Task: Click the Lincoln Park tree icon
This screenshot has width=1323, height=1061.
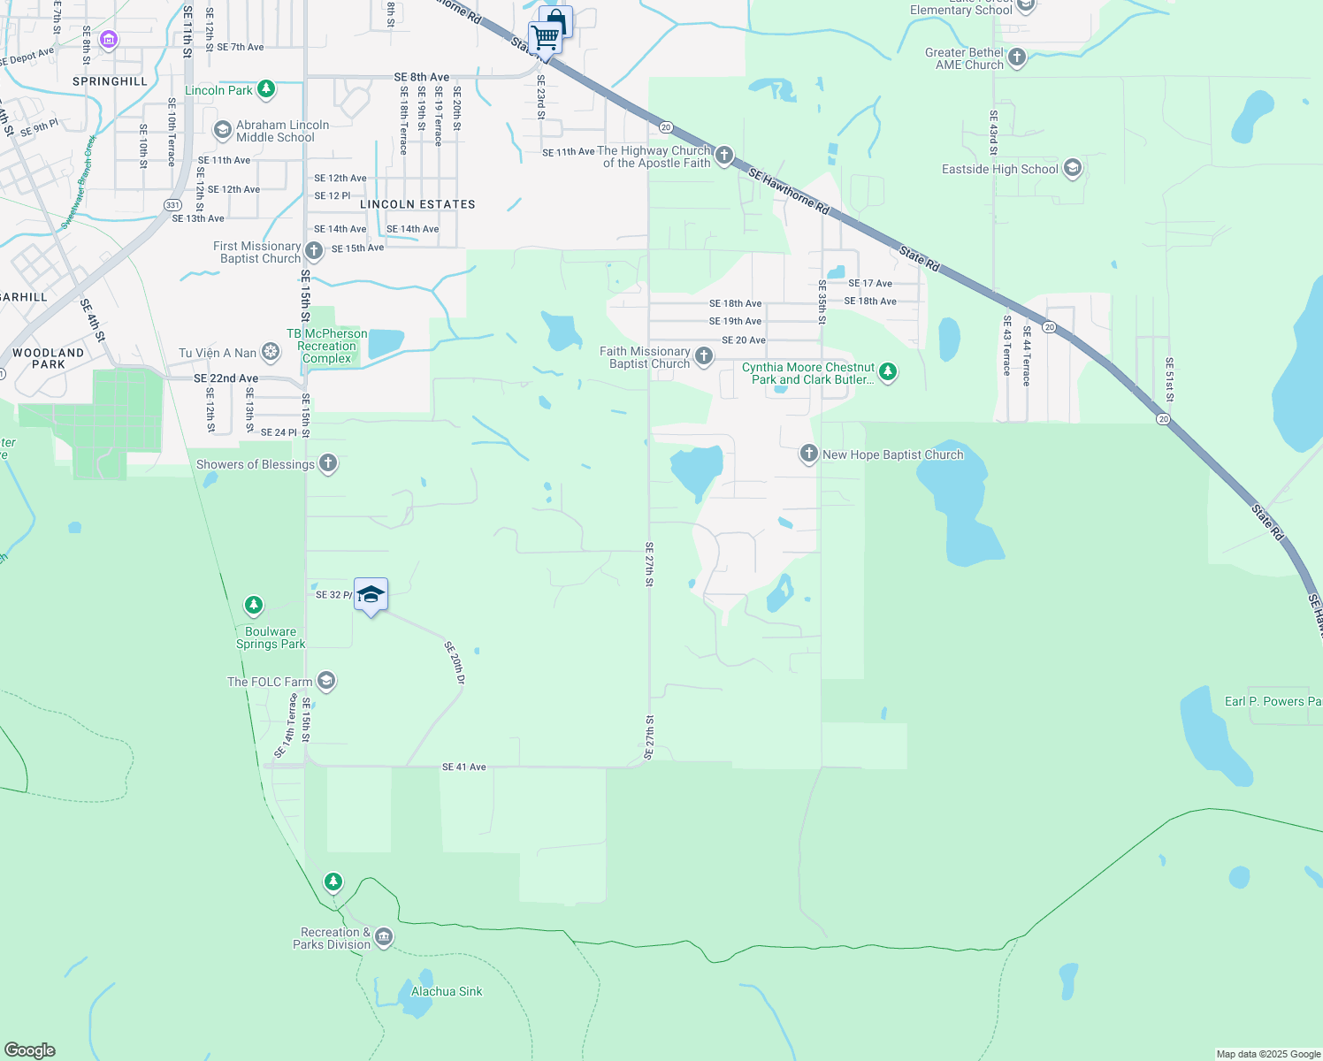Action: coord(266,89)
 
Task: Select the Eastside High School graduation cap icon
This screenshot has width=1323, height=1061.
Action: coord(1073,168)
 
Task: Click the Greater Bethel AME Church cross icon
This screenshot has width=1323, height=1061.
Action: coord(1017,58)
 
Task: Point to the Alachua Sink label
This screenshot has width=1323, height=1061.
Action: coord(447,991)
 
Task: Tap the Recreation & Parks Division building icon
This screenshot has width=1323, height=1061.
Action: coord(384,937)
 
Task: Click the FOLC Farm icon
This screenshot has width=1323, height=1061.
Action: coord(326,681)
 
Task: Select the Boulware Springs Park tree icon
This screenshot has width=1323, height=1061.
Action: coord(254,606)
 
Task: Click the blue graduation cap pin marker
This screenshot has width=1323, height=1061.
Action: coord(371,595)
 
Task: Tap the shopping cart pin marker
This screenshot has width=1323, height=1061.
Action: coord(546,39)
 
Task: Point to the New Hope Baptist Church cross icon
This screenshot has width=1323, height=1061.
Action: coord(808,454)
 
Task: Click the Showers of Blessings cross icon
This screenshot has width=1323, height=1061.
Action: coord(328,463)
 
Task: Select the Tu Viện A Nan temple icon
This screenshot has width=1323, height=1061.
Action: coord(271,353)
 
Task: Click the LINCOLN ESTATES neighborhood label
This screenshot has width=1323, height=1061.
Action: coord(417,204)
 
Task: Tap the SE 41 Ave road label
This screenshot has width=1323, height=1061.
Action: coord(463,767)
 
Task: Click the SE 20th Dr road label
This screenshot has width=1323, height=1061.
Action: coord(455,663)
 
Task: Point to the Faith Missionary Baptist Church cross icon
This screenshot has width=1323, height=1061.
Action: coord(704,356)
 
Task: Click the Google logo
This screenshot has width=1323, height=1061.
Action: coord(30,1050)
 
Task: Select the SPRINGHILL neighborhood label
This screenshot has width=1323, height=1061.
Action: coord(110,81)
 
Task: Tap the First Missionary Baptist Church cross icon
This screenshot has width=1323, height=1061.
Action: coord(314,251)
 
